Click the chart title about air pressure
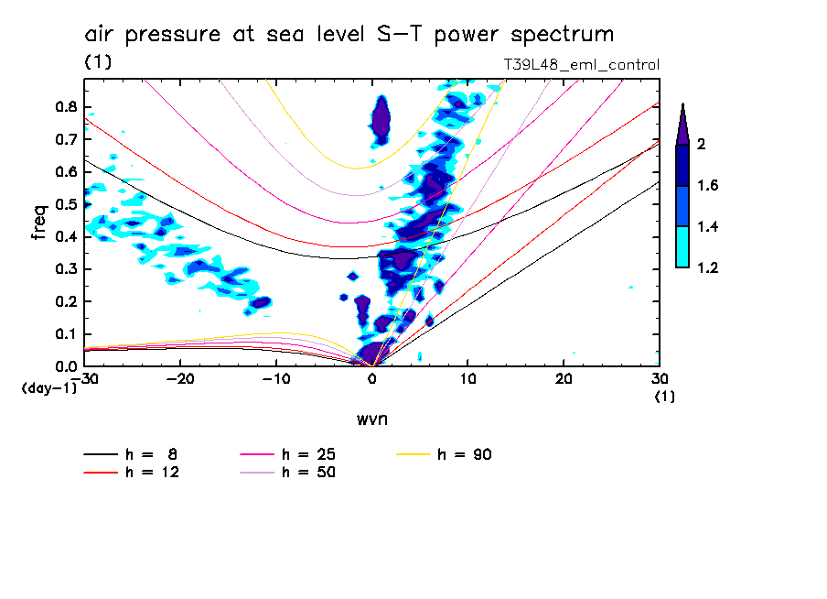349,35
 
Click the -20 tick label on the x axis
179,379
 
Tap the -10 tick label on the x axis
275,379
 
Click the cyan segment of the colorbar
682,246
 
